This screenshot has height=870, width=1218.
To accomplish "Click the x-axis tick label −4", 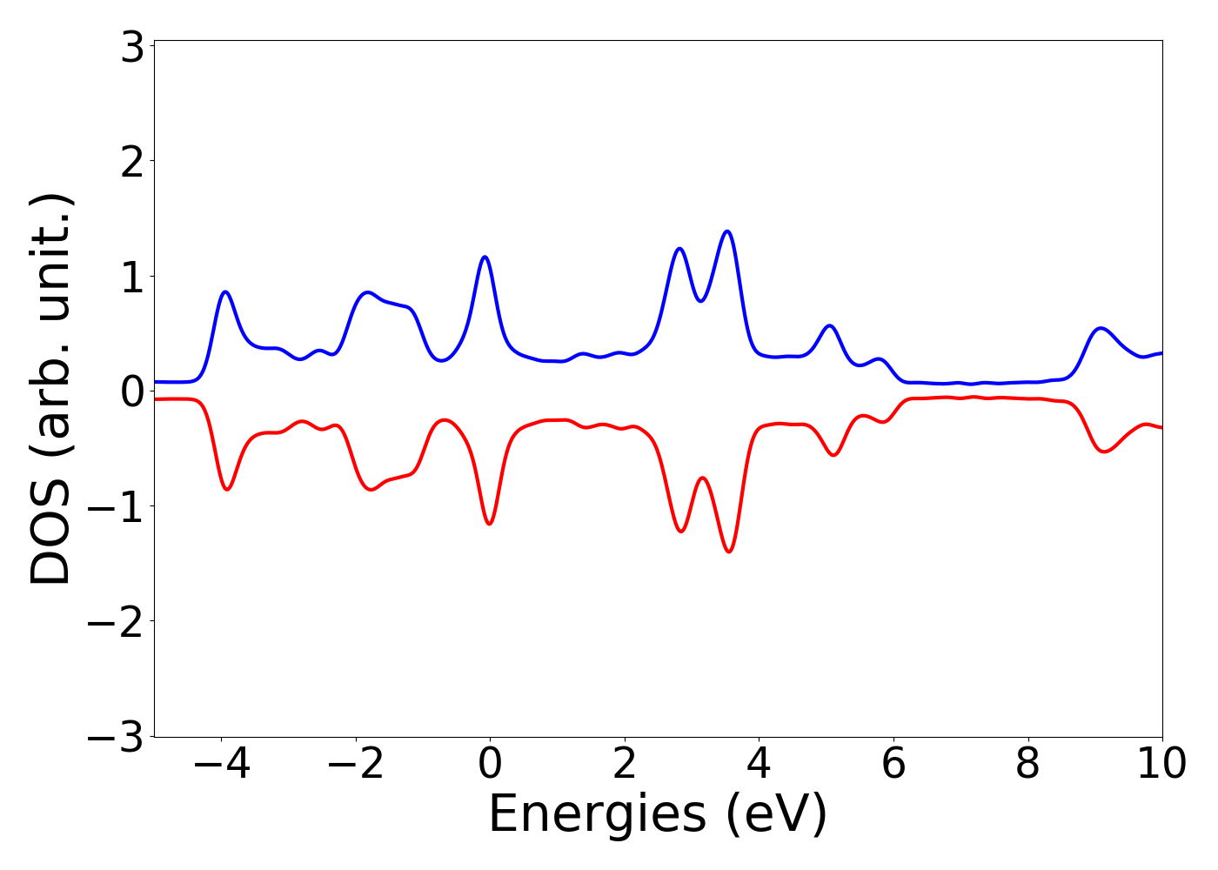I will point(221,765).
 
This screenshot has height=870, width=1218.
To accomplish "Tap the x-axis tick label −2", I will point(355,765).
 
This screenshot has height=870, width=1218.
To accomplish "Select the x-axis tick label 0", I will point(490,765).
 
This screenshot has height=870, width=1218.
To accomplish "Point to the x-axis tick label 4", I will point(759,765).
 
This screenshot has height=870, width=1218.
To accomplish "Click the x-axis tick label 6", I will point(893,765).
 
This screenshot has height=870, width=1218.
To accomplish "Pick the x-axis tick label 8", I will point(1027,765).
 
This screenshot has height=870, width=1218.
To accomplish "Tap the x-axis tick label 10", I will point(1161,765).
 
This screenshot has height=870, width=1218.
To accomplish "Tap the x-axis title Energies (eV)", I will point(658,814).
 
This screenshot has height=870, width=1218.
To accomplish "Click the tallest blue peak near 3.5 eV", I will point(727,231).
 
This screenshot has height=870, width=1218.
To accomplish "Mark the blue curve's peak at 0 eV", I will point(485,257).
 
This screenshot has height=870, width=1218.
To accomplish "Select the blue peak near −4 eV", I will point(225,291).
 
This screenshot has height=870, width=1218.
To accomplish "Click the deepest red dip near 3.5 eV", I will point(729,552).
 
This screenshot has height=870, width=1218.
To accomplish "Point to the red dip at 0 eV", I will point(489,524).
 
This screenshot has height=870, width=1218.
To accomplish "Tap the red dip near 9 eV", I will point(1104,452).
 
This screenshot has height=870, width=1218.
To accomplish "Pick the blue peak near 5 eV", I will point(830,325).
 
